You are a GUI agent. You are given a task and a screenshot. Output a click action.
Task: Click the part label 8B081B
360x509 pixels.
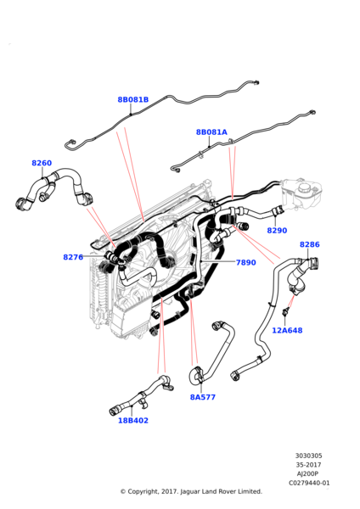coord(133,99)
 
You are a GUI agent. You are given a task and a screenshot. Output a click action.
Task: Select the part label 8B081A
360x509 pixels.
coord(211,132)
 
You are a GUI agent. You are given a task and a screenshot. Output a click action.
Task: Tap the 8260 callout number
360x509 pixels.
coord(42,163)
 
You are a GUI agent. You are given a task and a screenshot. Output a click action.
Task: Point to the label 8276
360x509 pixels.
coord(73,257)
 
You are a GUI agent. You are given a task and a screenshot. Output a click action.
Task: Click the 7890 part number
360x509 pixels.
coord(246,262)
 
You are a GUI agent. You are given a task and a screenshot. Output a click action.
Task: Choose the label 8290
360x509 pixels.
coord(277,231)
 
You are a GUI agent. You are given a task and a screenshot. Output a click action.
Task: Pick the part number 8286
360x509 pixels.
coord(310,244)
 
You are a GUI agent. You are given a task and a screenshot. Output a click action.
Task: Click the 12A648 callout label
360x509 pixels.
coord(287,331)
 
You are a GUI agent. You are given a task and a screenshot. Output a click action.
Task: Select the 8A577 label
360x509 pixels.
coord(203,397)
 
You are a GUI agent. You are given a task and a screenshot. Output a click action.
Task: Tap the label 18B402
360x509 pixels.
coord(133,421)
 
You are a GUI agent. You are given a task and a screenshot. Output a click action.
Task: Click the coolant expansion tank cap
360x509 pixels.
coord(307,187)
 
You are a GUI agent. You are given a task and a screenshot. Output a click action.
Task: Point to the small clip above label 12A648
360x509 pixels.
coord(285,310)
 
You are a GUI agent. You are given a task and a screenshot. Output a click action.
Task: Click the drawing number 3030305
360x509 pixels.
coord(309,456)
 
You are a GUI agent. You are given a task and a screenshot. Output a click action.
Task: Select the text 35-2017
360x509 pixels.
coord(309,465)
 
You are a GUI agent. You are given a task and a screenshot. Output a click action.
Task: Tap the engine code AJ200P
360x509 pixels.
coord(308,474)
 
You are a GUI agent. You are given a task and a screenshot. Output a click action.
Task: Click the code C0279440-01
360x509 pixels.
coord(309,483)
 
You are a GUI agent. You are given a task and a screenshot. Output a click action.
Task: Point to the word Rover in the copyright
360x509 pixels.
coord(226,491)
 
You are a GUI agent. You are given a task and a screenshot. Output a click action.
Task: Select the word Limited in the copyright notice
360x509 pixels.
coord(250,491)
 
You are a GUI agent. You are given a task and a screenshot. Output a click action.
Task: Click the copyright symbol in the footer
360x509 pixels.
coord(123,492)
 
